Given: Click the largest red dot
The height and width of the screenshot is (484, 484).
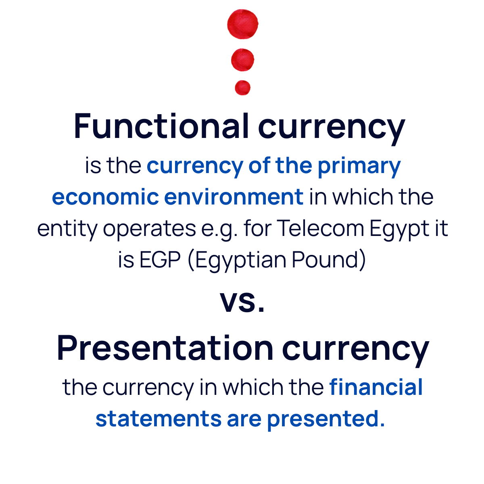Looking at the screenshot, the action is click(243, 24).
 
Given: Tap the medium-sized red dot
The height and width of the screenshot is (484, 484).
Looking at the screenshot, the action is click(243, 60).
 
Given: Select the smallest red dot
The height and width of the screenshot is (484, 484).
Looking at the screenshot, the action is click(243, 88).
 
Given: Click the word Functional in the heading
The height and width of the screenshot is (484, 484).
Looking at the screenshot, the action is click(161, 126).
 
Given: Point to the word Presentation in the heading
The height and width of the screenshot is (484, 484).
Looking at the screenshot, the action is click(165, 348).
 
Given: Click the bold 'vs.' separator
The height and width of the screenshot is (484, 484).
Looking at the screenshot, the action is click(242, 301).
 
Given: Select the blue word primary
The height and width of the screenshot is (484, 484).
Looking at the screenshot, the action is click(359, 167).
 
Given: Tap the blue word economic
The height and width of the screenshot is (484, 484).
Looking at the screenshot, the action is click(105, 197).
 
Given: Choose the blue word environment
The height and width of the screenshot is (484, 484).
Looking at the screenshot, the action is click(234, 197).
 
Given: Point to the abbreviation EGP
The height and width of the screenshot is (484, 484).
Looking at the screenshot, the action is click(160, 260).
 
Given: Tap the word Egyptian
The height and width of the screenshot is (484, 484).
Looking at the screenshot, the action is click(241, 261).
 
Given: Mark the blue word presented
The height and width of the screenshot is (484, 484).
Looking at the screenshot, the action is click(323, 420).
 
